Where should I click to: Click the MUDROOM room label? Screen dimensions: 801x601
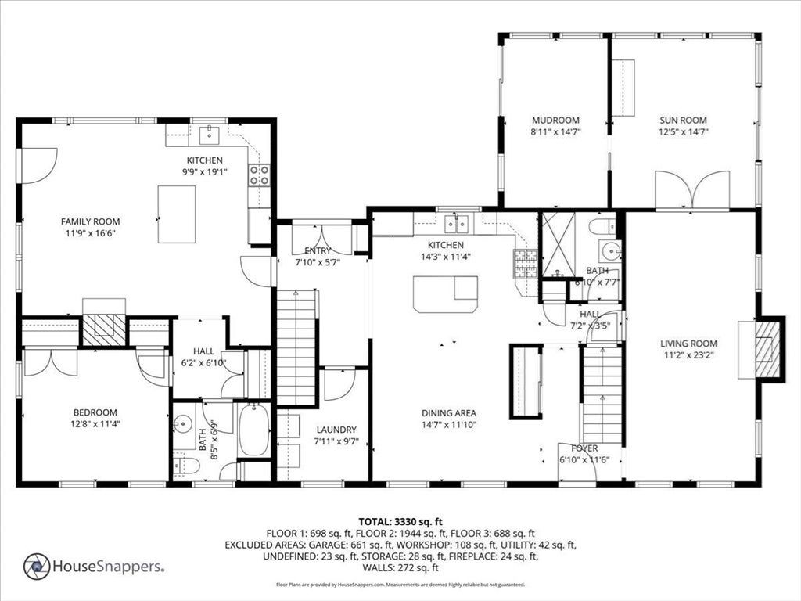pos(556,120)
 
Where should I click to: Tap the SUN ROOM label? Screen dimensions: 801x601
pos(683,120)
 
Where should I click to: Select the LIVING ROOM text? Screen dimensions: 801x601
pos(688,344)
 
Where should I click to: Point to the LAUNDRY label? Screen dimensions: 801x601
pos(336,430)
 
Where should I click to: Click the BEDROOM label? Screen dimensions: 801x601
pos(95,412)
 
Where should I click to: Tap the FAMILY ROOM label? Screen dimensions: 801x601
pos(91,221)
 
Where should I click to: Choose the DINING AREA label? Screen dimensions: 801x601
pos(449,413)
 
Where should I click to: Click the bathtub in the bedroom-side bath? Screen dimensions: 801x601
pos(254,430)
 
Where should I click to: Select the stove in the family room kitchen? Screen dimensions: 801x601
pos(259,175)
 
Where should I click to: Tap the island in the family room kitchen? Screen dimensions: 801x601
pos(176,214)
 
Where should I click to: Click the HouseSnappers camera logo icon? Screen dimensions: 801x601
pos(37,567)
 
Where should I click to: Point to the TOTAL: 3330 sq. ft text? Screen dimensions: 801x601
pos(400,522)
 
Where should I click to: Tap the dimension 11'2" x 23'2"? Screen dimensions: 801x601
pos(688,355)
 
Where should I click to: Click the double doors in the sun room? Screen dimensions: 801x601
pos(692,190)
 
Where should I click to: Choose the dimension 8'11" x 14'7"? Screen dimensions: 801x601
pos(556,131)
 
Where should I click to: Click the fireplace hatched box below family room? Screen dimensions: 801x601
pos(104,330)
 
